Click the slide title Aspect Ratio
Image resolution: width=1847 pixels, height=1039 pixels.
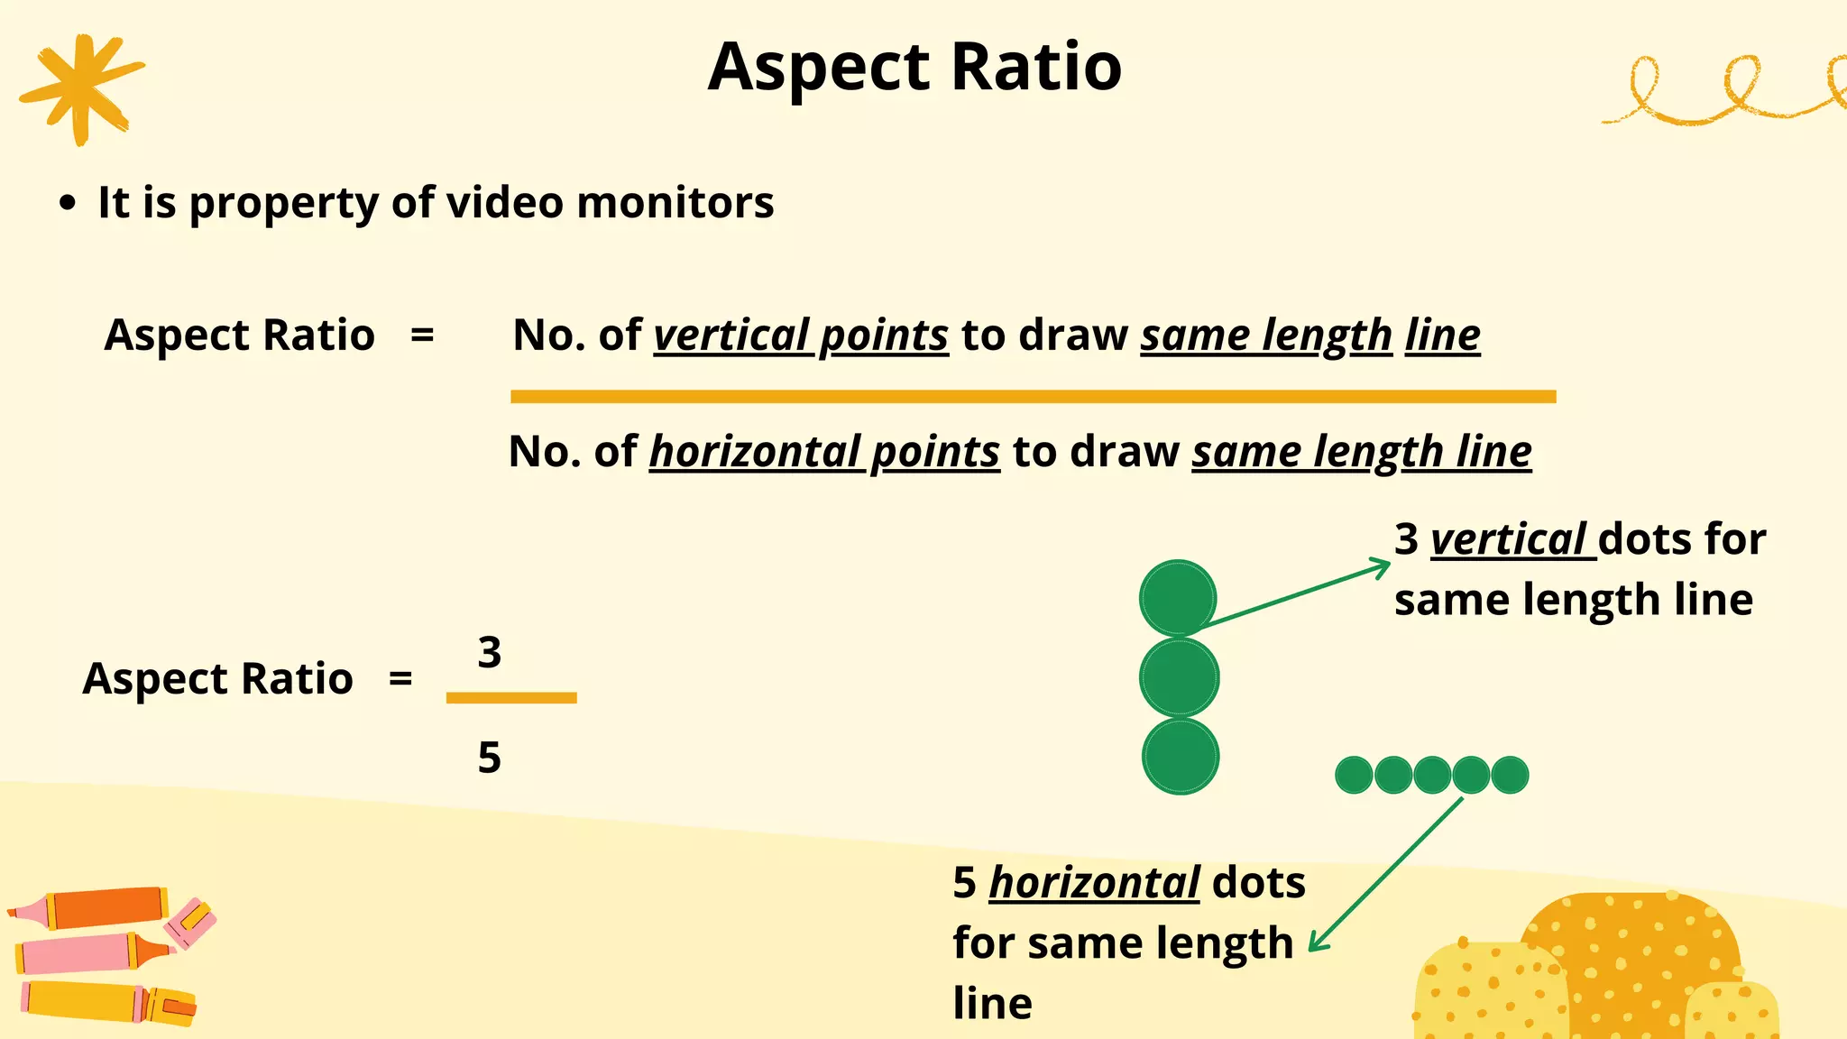point(914,67)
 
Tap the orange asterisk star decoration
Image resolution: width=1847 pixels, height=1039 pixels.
point(81,87)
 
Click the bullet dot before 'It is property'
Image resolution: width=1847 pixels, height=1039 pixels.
point(67,203)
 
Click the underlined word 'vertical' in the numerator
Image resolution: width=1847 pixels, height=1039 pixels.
point(731,336)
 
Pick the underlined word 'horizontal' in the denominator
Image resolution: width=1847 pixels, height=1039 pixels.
point(755,452)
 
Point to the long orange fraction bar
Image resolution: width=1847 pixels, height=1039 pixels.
point(1033,397)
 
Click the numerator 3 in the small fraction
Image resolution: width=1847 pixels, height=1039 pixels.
point(489,652)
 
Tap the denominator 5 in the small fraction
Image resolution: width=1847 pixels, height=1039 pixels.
point(489,758)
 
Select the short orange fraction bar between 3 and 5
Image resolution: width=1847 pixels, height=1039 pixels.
point(511,697)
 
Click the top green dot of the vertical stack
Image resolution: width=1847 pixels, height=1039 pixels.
point(1178,598)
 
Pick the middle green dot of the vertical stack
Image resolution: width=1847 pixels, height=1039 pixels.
point(1179,677)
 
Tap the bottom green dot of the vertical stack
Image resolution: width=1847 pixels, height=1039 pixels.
point(1180,756)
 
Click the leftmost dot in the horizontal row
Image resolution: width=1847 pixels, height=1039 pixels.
point(1354,775)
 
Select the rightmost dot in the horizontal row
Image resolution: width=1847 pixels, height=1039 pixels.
point(1510,775)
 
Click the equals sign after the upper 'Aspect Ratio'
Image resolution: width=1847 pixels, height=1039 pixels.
point(422,336)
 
